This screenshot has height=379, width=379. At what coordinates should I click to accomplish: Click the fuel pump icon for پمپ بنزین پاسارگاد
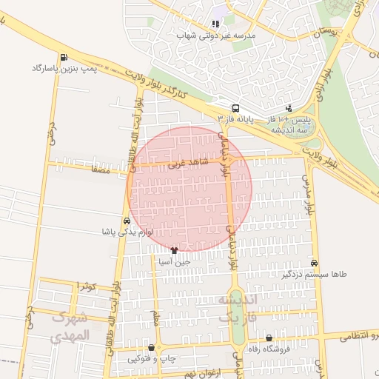click(64, 58)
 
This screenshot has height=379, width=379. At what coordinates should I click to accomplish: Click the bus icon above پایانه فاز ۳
click(235, 108)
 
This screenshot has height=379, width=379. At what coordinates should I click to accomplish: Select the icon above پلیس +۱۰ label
click(289, 108)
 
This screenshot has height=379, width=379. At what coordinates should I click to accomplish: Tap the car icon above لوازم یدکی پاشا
click(127, 221)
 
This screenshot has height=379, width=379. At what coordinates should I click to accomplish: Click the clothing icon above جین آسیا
click(174, 251)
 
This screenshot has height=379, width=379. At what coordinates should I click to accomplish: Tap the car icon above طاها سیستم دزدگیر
click(315, 264)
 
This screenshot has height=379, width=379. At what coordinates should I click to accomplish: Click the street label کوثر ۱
click(89, 286)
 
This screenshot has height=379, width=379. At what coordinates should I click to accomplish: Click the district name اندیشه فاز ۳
click(235, 308)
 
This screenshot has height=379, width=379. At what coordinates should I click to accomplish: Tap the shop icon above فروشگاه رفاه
click(269, 338)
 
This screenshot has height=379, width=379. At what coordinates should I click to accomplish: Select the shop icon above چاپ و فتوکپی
click(152, 347)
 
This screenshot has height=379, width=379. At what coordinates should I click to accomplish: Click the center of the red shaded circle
click(189, 189)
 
